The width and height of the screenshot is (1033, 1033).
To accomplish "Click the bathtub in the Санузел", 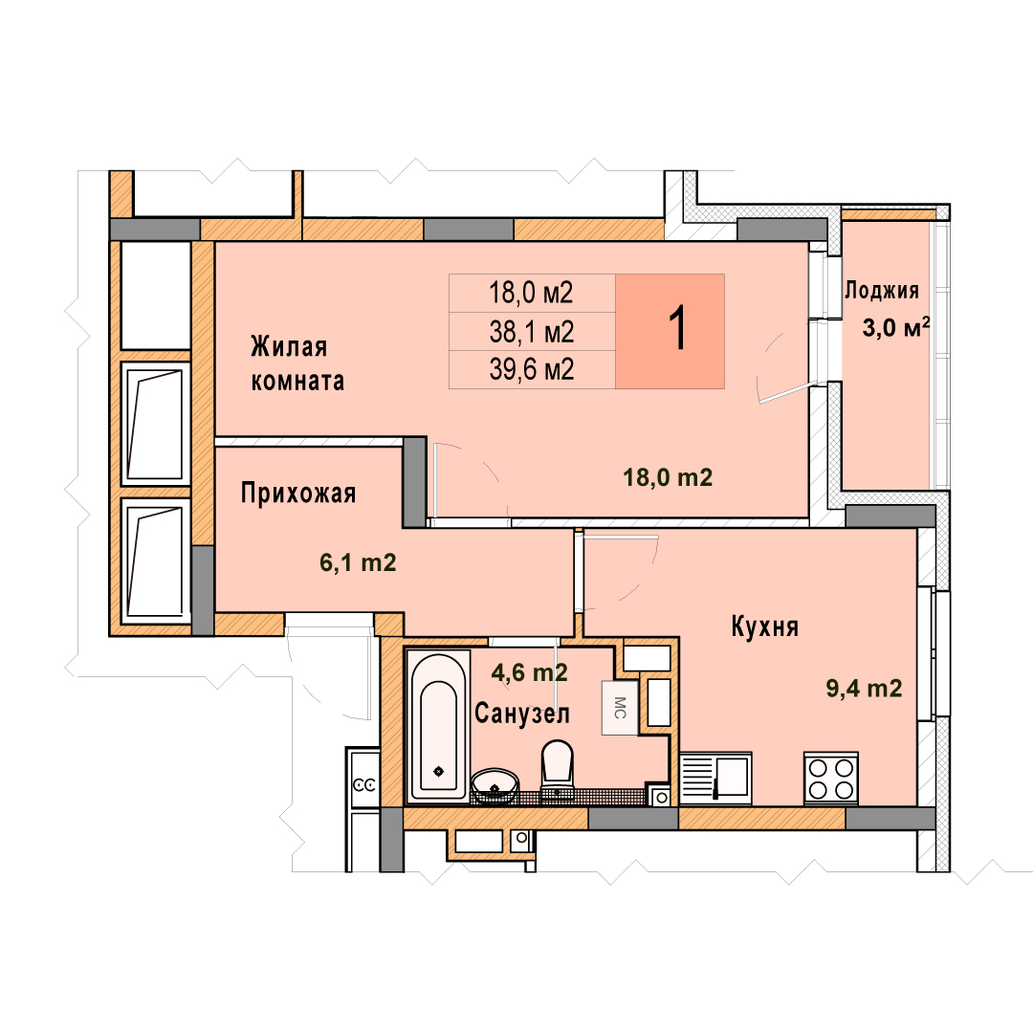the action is point(438,725).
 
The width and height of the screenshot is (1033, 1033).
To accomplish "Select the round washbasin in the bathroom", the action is point(495,785).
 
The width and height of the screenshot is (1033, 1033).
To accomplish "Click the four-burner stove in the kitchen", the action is point(831,778).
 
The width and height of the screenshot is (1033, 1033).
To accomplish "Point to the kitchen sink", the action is point(715,778).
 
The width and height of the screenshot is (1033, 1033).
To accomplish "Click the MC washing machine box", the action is point(619,708).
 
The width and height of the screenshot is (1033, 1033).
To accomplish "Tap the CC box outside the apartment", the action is point(364,784).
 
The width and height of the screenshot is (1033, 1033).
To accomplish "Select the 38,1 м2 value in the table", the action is point(532,331).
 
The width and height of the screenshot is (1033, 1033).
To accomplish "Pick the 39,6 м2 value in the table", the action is point(532,369).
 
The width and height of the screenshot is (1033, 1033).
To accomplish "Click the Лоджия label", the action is point(882,291).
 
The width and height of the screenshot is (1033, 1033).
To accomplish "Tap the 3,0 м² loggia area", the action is point(896,327).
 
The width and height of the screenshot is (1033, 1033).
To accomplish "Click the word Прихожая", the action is point(298,494).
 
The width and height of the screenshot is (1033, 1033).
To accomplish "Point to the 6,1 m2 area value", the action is point(358,562).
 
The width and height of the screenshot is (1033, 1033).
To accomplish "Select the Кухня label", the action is point(765,627).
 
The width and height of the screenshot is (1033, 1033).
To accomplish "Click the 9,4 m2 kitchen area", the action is point(865,689).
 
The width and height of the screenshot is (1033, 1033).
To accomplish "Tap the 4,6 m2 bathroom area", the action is point(530,672).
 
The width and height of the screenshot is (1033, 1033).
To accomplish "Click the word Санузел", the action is point(522,714).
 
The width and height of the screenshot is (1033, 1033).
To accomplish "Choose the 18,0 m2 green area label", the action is point(668,477).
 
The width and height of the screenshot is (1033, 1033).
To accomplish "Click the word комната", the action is point(297,382).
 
